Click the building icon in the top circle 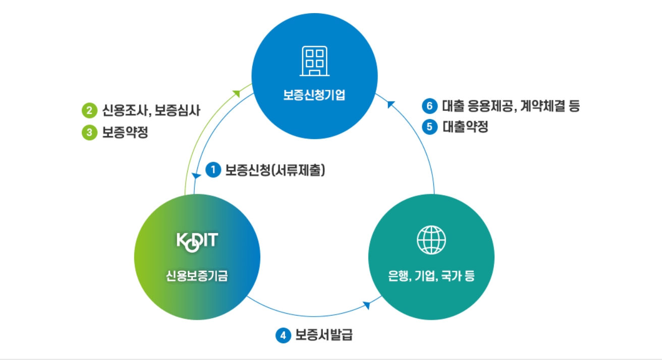point(314,61)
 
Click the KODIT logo point(197,241)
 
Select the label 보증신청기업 point(314,95)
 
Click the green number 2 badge point(89,109)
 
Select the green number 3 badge point(89,133)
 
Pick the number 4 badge point(284,335)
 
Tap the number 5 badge point(429,127)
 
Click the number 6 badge point(429,106)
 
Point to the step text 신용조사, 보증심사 point(151,109)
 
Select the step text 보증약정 point(125,133)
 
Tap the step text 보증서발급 point(323,335)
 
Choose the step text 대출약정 point(465,127)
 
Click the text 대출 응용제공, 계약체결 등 point(510,106)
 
